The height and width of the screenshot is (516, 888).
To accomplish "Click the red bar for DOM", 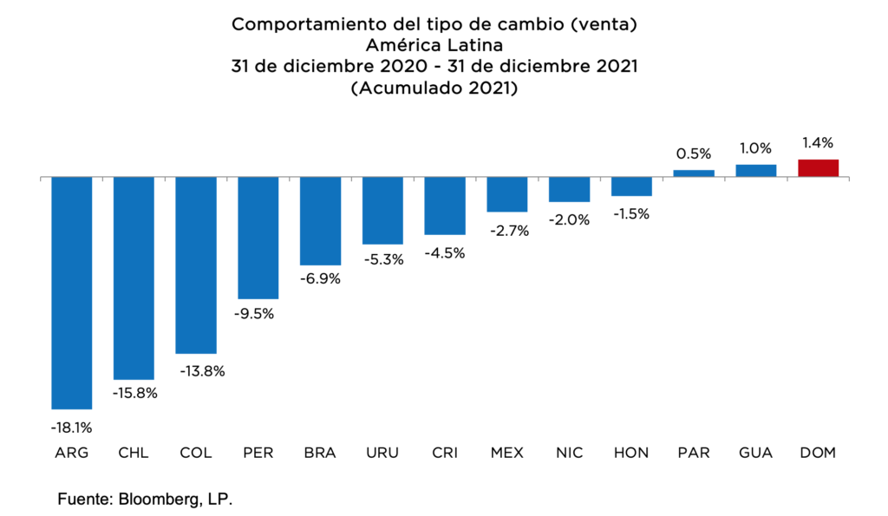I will (x=818, y=168).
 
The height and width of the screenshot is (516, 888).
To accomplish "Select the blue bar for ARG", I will (x=72, y=293).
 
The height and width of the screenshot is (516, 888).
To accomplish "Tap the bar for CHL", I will (x=134, y=278).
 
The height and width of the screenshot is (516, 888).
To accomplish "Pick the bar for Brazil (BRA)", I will (x=320, y=221).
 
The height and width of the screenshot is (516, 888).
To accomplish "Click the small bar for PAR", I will (x=694, y=173).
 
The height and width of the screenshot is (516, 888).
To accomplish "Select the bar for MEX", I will (x=507, y=194).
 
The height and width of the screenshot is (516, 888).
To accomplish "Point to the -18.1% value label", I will (x=72, y=427).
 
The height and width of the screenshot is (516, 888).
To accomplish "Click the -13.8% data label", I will (x=196, y=371).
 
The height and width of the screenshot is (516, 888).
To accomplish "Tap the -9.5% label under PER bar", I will (x=258, y=314).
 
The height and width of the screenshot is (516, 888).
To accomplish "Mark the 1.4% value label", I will (x=818, y=143).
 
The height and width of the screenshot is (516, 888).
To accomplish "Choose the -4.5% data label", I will (x=445, y=253).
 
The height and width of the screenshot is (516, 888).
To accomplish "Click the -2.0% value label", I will (x=569, y=220).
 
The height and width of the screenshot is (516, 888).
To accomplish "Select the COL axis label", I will (x=196, y=453).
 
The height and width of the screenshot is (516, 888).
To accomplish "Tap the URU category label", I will (x=382, y=453).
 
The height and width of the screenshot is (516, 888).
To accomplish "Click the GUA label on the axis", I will (x=755, y=453).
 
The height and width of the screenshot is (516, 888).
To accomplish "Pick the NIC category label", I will (x=569, y=453).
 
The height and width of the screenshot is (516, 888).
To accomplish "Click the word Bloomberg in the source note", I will (x=166, y=500).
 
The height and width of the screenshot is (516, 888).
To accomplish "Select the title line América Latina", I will (x=434, y=45).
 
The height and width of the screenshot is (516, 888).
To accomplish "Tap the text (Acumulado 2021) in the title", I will (x=434, y=88).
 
